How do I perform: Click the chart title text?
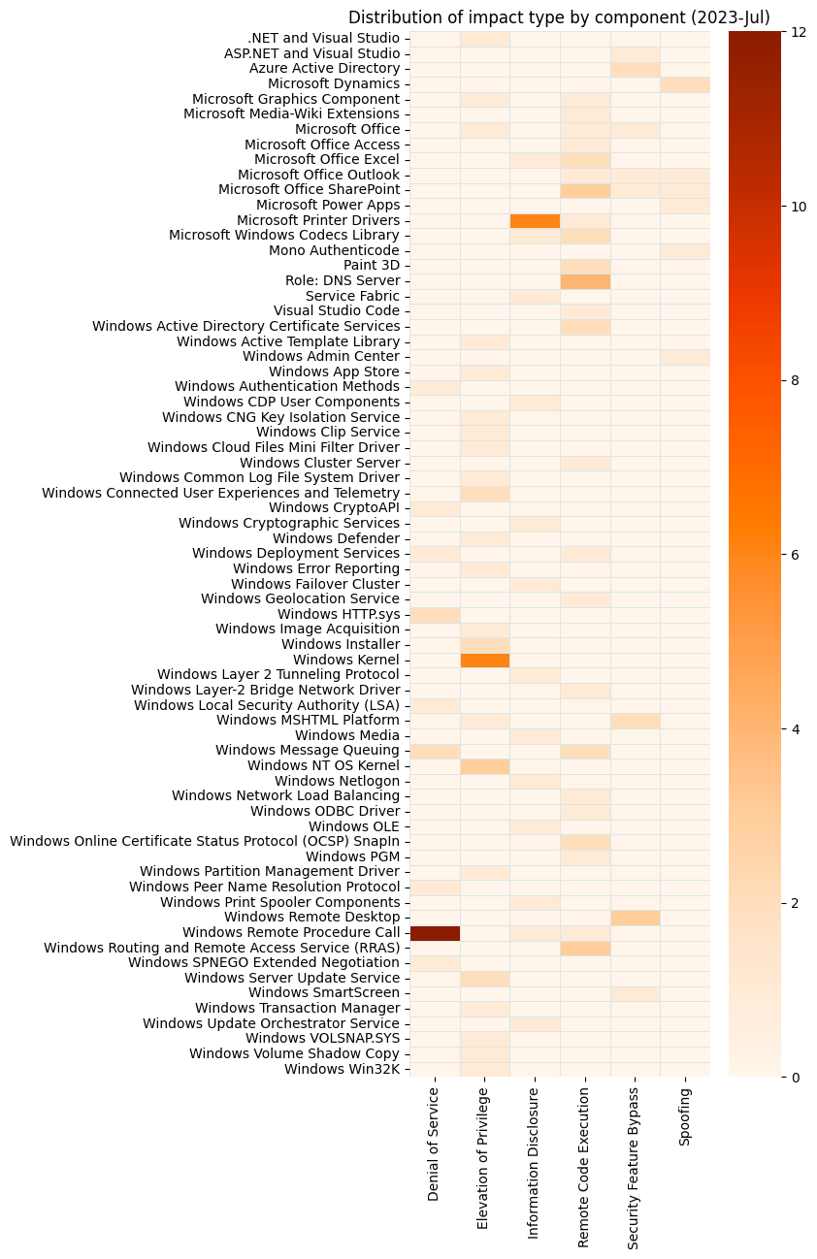point(559,17)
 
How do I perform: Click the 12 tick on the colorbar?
point(798,31)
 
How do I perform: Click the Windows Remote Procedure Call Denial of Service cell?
point(435,933)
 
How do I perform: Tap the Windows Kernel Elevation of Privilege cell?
point(484,660)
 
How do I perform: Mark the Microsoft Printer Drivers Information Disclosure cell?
point(535,220)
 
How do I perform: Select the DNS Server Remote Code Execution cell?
point(585,280)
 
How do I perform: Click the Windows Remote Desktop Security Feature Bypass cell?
point(635,918)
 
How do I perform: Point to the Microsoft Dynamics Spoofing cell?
point(685,83)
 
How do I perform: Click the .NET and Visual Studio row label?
point(323,39)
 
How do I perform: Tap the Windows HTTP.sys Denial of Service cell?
point(435,614)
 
